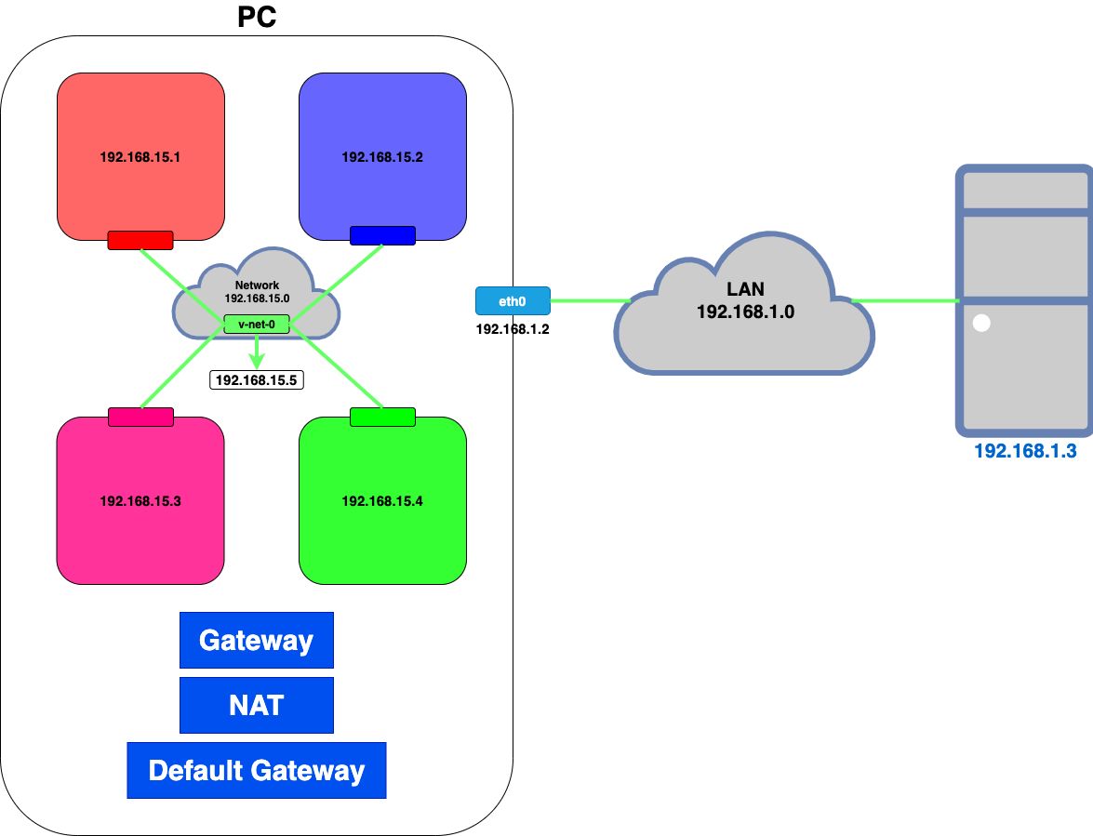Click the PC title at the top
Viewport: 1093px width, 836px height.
257,17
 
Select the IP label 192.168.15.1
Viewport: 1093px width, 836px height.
140,157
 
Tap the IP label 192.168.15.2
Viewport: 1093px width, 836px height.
382,157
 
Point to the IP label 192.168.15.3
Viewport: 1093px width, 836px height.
140,501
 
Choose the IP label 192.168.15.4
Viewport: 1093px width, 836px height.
382,501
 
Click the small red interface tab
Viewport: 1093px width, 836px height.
140,240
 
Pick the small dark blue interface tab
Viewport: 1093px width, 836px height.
382,236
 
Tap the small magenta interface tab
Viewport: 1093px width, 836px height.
140,417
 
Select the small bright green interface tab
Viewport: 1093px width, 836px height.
382,417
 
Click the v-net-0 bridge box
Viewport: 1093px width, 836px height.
257,325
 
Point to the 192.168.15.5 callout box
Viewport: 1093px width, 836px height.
258,379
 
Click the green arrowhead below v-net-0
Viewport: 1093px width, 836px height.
257,360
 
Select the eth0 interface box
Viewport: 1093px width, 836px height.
513,301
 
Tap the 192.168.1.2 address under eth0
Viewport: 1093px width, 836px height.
513,329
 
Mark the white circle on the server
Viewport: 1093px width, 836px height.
981,324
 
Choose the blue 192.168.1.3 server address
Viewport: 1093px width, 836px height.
1024,452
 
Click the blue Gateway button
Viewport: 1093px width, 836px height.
257,641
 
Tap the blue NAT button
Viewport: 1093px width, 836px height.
257,706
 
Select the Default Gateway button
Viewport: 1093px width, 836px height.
257,771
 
